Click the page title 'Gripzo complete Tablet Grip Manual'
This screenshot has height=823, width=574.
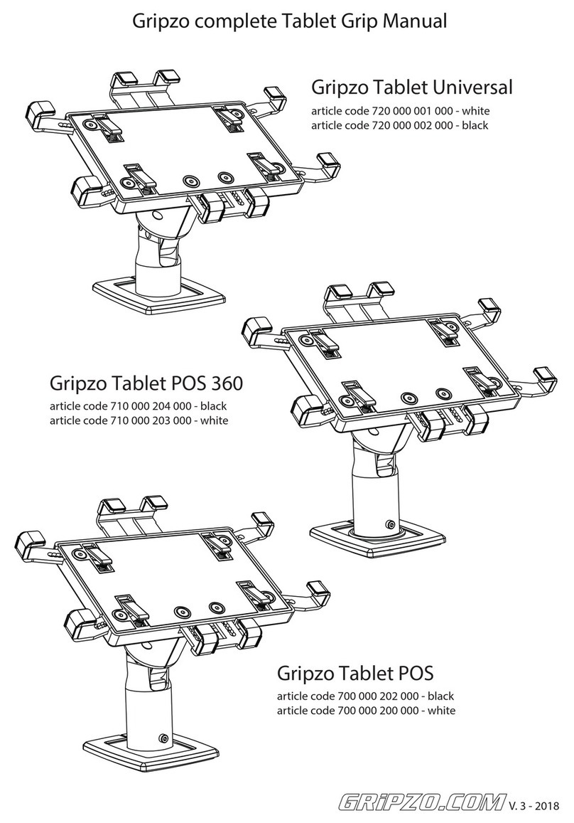coord(291,21)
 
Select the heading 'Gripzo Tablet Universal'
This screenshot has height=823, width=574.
coord(412,87)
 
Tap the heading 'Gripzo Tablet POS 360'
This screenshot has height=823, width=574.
coord(146,383)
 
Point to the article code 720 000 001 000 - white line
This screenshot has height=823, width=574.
coord(401,111)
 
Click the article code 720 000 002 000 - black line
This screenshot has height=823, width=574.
coord(401,125)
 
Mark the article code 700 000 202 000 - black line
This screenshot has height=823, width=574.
coord(365,696)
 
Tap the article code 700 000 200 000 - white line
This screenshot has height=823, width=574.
coord(365,710)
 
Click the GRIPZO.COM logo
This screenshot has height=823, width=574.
coord(420,802)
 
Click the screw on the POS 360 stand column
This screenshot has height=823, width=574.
coord(389,525)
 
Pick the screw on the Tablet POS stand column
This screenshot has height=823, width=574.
coord(165,738)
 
